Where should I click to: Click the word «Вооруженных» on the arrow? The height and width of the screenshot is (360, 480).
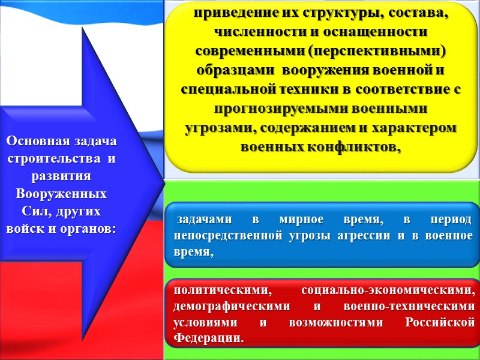(x=61, y=195)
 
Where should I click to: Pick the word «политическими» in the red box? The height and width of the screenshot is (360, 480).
(x=218, y=290)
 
